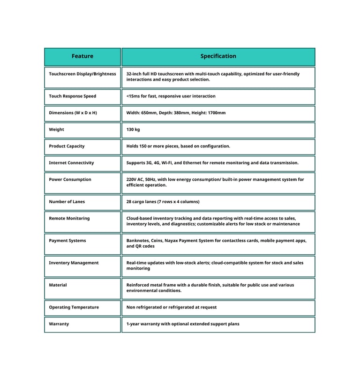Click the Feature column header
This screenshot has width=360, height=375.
pos(82,56)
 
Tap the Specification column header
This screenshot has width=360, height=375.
pos(218,56)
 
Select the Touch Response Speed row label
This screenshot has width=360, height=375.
pos(73,96)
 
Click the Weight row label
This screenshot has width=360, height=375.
pos(57,130)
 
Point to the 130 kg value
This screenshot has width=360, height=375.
pos(133,130)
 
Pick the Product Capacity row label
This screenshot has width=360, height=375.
pos(67,147)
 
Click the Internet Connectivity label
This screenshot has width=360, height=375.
pos(71,163)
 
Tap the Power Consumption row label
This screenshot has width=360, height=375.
pos(70,180)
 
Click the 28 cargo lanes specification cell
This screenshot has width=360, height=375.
pos(163,202)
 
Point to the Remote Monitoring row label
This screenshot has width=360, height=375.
pos(69,219)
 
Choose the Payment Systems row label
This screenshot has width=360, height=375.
pos(67,241)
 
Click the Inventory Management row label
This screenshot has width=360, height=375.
pos(74,263)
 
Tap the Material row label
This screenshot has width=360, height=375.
pos(58,285)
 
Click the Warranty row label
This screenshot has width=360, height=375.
pos(59,324)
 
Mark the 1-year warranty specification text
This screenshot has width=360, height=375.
pos(183,324)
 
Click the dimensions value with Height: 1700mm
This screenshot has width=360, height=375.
pos(176,113)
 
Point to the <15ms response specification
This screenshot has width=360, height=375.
pos(171,96)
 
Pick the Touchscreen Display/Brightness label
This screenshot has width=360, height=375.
pos(82,74)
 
